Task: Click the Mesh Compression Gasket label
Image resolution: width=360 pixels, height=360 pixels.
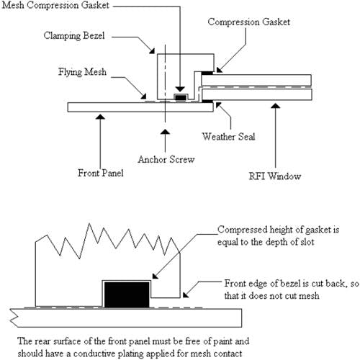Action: click(x=55, y=5)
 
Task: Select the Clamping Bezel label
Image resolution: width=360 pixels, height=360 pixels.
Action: click(x=74, y=36)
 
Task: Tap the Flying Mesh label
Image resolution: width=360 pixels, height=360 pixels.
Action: click(x=82, y=72)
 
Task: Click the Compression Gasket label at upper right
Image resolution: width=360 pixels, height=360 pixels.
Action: click(x=249, y=22)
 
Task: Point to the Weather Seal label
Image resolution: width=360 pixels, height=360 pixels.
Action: click(x=228, y=137)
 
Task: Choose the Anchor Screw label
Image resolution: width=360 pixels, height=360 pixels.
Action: click(x=166, y=159)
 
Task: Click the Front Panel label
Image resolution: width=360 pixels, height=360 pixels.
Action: click(x=101, y=173)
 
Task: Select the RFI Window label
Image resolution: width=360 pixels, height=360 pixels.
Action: click(x=275, y=176)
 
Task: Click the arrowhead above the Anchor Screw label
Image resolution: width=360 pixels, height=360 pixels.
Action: click(x=165, y=132)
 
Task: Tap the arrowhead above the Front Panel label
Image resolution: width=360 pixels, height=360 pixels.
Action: click(x=100, y=117)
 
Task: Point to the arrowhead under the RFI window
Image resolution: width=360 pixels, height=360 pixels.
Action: click(x=276, y=106)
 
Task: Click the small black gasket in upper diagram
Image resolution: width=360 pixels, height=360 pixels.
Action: click(x=181, y=98)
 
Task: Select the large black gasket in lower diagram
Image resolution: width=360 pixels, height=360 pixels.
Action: click(x=127, y=294)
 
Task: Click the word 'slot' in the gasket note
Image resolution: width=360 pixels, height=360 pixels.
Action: click(x=307, y=242)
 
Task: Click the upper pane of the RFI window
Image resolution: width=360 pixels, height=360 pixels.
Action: click(x=256, y=80)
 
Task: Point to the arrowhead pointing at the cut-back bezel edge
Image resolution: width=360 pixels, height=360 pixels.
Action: click(x=186, y=294)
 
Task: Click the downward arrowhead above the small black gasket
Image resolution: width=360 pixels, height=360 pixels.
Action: click(x=180, y=89)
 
